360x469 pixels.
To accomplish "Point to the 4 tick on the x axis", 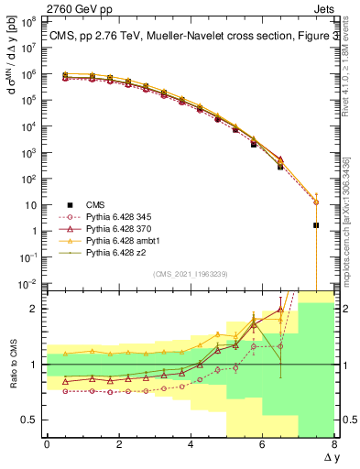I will click(x=191, y=445).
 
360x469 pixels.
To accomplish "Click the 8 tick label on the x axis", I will click(x=333, y=445).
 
